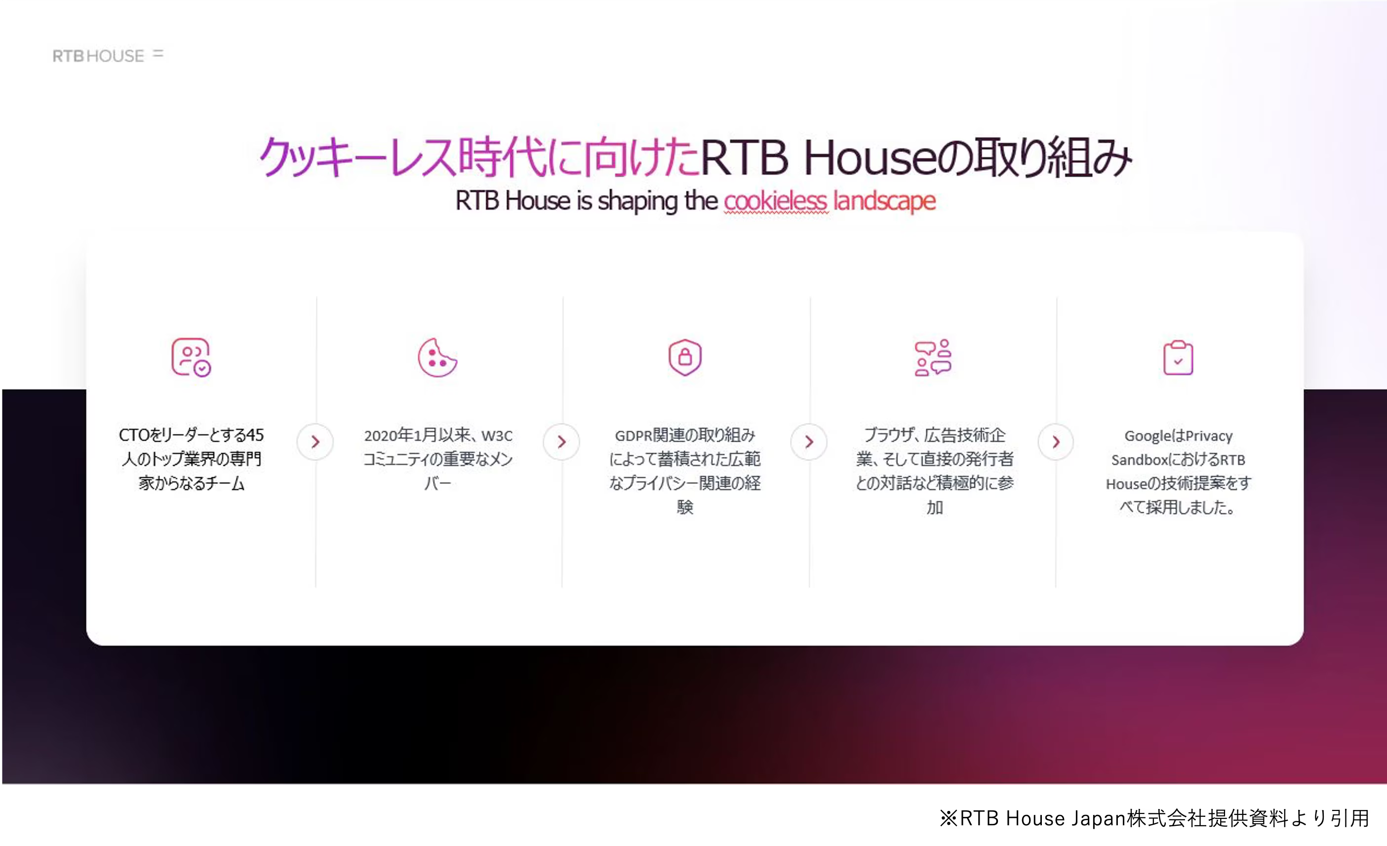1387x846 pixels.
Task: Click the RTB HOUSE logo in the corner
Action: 107,55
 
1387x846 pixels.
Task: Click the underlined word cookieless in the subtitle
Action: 775,201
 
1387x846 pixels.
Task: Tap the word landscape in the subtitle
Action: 884,201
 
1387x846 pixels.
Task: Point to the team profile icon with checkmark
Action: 191,357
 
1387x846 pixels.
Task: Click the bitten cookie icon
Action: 437,357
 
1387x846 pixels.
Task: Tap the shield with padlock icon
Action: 684,357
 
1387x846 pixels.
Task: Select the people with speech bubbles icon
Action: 933,357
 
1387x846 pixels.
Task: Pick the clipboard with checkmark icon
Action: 1178,357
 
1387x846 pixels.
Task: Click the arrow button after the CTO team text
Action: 315,442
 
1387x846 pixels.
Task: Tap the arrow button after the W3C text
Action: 561,442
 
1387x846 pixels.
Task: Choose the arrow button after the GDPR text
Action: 808,442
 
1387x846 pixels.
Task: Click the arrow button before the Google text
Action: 1056,442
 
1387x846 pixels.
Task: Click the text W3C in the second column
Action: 496,436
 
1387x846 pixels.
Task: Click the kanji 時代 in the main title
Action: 502,157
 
